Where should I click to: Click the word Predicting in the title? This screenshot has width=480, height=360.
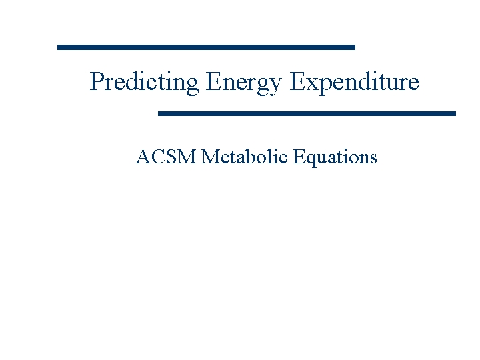point(144,82)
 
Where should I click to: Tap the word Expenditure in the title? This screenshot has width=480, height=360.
point(355,82)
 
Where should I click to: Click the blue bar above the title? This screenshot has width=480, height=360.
point(207,47)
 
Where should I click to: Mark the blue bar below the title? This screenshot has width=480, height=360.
point(307,113)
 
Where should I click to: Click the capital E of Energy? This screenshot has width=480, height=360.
point(213,82)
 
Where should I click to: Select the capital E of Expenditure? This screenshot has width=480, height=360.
point(297,82)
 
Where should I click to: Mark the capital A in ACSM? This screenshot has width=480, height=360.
point(142,157)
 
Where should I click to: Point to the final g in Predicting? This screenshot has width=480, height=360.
point(193,85)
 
